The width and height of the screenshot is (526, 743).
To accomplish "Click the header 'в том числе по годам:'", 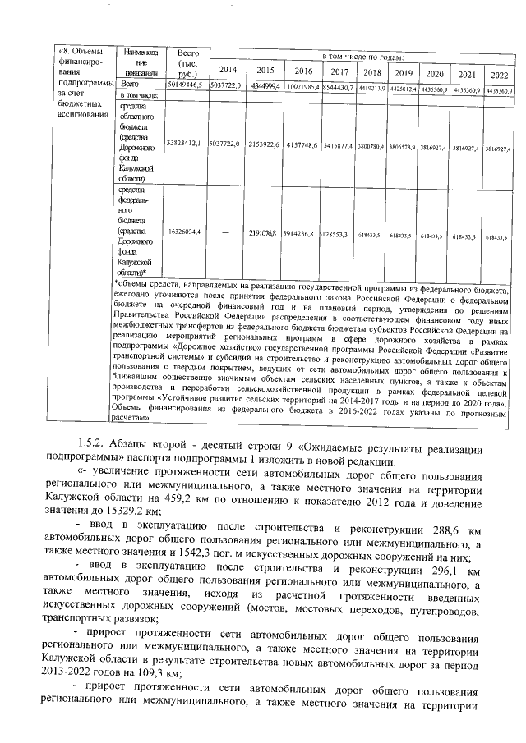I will click(x=362, y=57).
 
